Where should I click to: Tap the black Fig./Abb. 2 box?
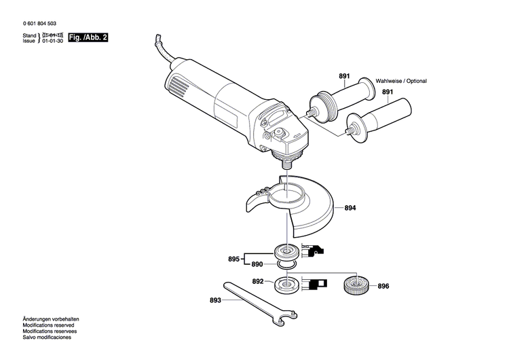[88, 37]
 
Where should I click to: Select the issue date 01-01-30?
[53, 41]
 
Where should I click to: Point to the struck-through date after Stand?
[53, 34]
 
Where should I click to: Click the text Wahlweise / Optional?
[402, 81]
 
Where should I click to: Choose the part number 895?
[233, 259]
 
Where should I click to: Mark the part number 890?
[257, 264]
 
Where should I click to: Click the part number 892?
[257, 281]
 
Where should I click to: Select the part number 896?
[383, 286]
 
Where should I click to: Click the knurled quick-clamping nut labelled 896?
[356, 285]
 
